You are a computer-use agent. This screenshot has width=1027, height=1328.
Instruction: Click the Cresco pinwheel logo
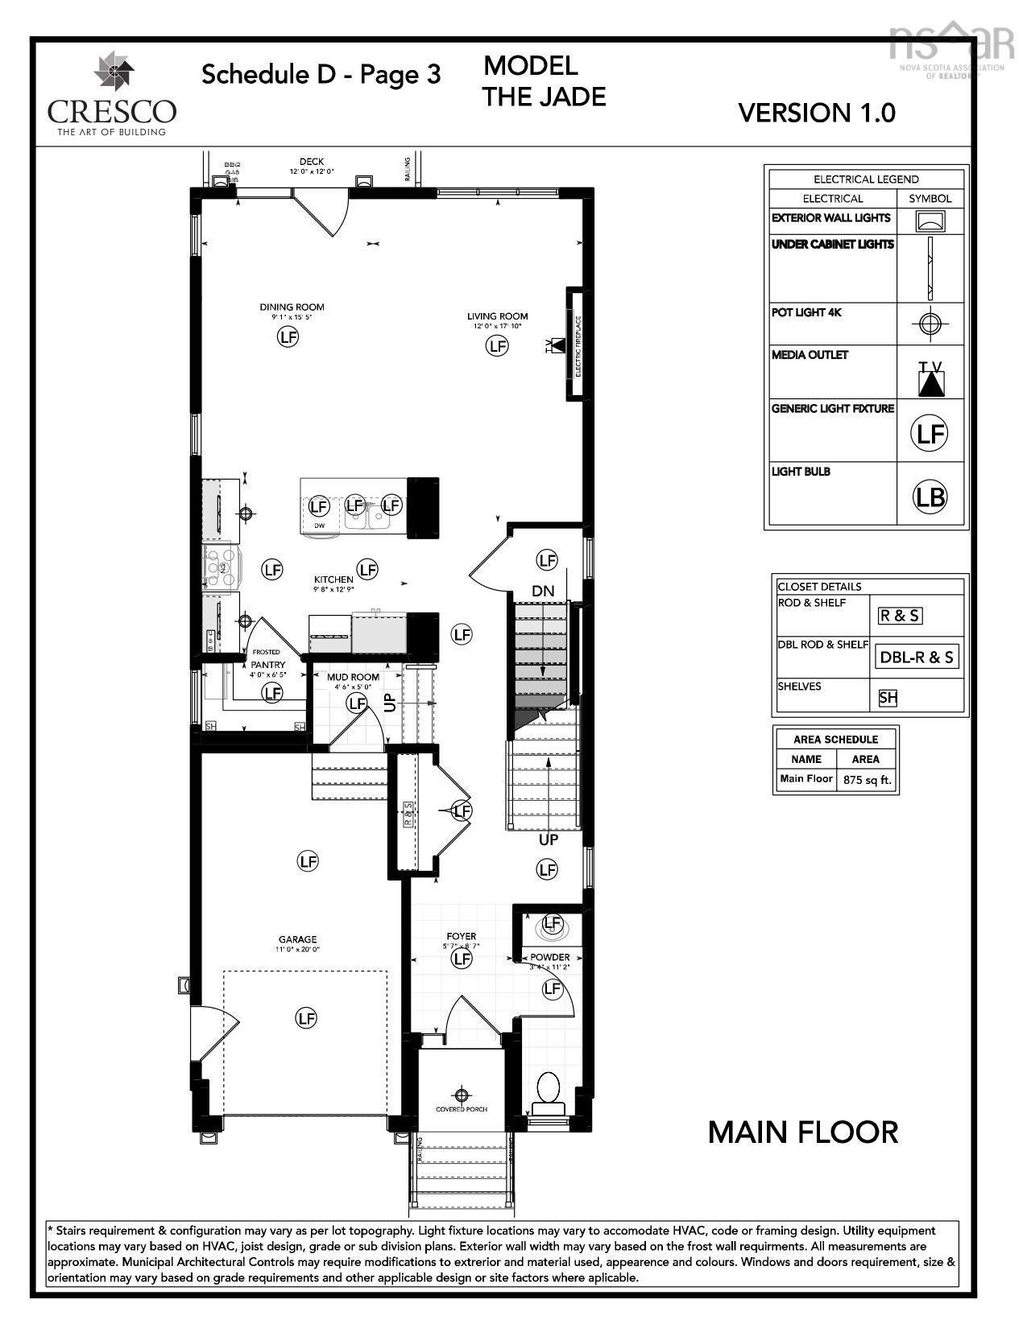tap(110, 72)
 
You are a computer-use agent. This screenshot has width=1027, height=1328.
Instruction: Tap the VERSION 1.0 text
tap(816, 113)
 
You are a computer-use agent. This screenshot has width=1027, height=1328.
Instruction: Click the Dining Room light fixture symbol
tap(288, 337)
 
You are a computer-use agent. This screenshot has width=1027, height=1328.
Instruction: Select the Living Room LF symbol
tap(497, 346)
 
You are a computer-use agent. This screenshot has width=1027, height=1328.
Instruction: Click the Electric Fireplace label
tap(578, 344)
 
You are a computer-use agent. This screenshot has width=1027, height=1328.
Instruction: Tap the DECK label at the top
tap(312, 162)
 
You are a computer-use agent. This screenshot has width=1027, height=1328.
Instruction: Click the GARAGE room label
tap(297, 939)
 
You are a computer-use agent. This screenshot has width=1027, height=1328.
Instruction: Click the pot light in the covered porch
tap(461, 1095)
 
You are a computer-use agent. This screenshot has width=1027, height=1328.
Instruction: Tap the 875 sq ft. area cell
tap(867, 780)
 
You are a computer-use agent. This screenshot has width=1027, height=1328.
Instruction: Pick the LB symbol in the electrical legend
tap(930, 497)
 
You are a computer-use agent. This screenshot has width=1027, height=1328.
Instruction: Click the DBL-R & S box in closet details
tap(917, 657)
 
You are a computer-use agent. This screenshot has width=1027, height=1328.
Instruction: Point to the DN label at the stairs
tap(543, 591)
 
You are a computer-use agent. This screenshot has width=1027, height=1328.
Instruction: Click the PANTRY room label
tap(267, 665)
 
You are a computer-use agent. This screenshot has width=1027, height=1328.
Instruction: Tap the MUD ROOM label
tap(353, 677)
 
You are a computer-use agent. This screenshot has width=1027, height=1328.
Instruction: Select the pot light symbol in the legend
tap(930, 324)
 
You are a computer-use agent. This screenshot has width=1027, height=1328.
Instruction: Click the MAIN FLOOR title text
tap(802, 1132)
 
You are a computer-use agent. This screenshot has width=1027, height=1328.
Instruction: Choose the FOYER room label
tap(462, 937)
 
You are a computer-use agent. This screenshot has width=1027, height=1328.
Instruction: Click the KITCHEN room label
tap(333, 579)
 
